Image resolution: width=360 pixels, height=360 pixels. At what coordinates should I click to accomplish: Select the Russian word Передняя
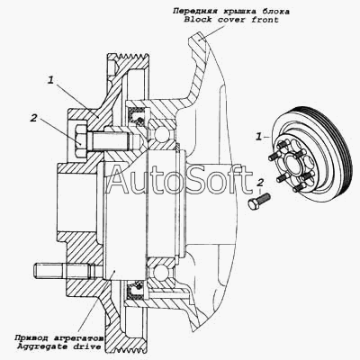[195, 12]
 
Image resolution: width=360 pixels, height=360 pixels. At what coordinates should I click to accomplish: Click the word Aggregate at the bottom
[41, 346]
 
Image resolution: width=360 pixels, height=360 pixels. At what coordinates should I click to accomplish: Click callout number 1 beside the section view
[51, 80]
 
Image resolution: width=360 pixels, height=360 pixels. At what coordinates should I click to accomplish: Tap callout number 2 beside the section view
[33, 118]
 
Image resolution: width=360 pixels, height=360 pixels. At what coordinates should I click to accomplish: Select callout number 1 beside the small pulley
[258, 137]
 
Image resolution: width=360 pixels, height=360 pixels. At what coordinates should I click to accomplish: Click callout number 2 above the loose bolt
[260, 183]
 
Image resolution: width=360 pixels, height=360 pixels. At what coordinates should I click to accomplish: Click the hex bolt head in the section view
[80, 139]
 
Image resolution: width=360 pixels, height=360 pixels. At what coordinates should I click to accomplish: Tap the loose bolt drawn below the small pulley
[259, 202]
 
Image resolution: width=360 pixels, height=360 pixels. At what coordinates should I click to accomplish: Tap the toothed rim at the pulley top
[129, 57]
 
